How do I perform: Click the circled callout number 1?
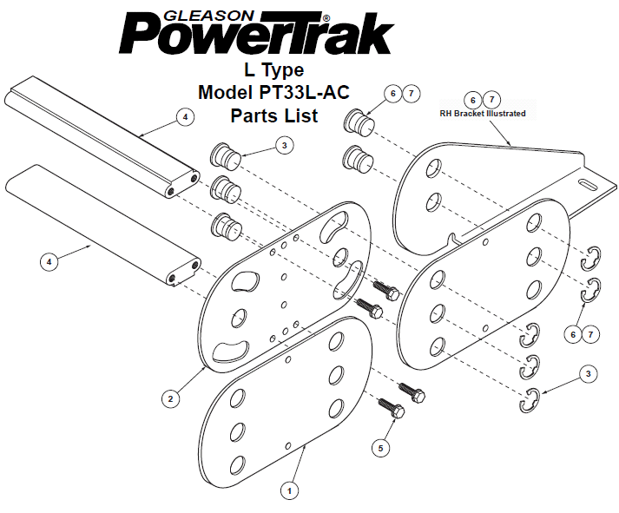[289, 491]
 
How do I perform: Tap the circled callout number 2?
[170, 398]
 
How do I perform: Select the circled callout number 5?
[380, 448]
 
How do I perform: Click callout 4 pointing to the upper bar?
[185, 117]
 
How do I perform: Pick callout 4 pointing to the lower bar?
[49, 261]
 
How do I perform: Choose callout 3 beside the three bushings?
[285, 145]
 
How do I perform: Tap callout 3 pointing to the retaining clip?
[589, 374]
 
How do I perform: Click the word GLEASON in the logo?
[209, 16]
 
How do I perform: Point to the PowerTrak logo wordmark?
[257, 33]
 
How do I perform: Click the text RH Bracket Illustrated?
[483, 114]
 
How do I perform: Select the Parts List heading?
[274, 115]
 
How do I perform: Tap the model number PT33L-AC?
[304, 92]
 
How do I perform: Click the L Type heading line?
[274, 70]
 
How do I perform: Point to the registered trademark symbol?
[326, 18]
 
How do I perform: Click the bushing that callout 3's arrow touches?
[226, 156]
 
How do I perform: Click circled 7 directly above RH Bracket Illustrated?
[491, 99]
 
